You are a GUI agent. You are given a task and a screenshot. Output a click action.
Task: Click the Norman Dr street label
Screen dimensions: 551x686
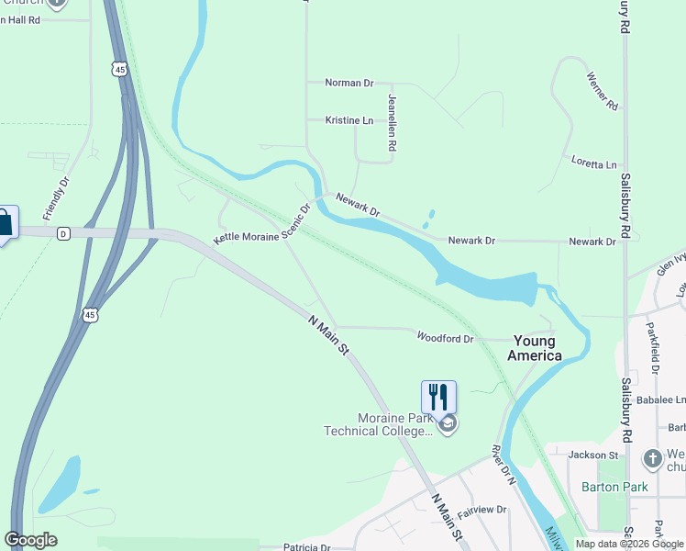349,83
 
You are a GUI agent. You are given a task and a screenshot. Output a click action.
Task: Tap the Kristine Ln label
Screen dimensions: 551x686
349,120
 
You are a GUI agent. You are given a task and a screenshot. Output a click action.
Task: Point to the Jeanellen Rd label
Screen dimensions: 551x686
392,122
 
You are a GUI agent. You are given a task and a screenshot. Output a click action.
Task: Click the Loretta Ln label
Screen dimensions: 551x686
594,164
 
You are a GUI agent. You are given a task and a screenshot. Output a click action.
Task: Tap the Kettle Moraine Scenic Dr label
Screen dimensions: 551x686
263,223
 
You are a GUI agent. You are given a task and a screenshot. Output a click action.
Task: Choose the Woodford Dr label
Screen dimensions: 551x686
445,338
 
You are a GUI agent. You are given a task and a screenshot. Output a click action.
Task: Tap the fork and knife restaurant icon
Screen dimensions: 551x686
438,397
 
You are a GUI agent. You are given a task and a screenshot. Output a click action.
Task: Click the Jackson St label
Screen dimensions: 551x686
593,455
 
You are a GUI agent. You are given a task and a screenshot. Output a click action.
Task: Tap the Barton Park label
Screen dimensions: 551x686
614,487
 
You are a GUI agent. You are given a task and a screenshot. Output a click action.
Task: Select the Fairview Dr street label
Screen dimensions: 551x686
482,509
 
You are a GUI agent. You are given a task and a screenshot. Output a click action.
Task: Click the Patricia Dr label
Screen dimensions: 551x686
306,546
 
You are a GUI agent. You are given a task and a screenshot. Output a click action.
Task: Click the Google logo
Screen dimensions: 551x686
30,540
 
